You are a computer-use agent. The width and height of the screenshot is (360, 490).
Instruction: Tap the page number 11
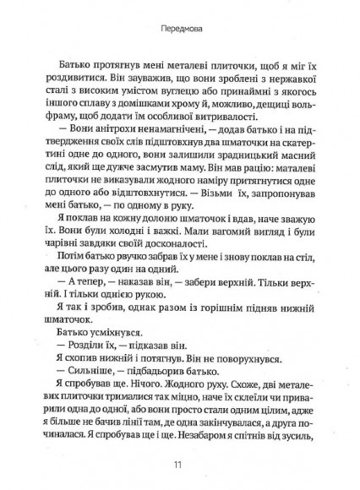pyautogui.click(x=179, y=463)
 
